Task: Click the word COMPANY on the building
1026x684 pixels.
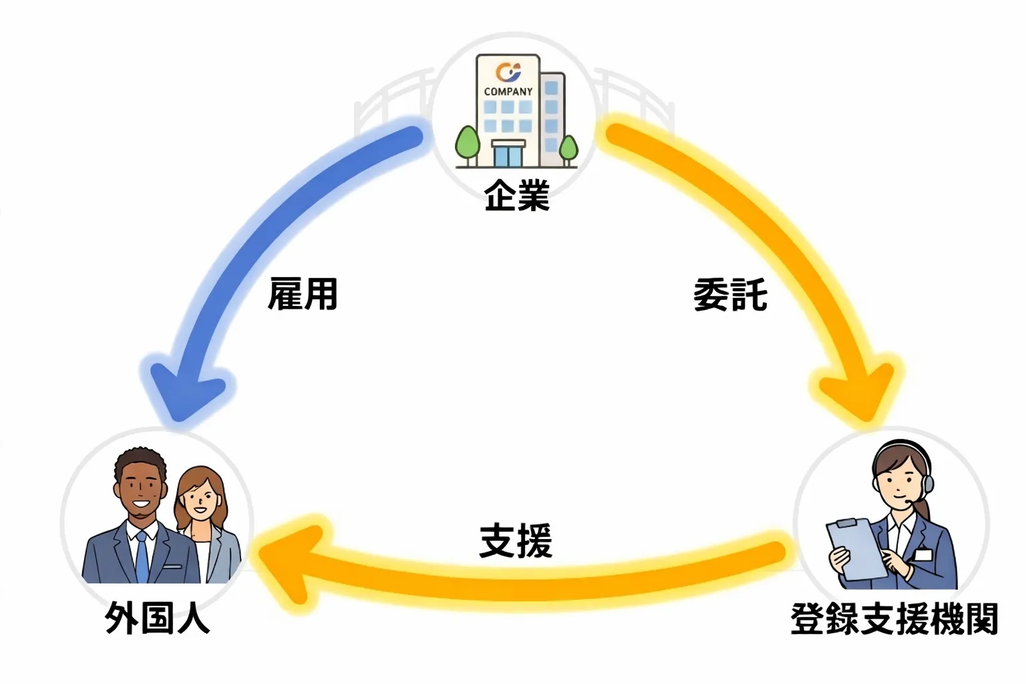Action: pos(508,92)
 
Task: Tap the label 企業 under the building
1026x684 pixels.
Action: pos(517,196)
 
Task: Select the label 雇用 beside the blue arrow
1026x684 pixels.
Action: pos(303,295)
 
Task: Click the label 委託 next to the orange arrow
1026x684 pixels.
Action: pos(730,295)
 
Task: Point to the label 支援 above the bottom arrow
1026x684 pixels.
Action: pos(516,541)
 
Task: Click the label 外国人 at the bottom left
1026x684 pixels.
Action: pos(158,618)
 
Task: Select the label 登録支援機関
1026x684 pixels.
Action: pos(894,619)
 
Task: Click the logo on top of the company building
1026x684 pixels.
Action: pos(508,71)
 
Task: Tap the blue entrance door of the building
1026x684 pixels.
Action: pos(508,155)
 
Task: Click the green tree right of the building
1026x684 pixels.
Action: pos(568,148)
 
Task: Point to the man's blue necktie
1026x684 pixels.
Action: pos(142,557)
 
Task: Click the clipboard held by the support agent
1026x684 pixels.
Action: pos(855,548)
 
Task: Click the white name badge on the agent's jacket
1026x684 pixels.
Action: pos(923,554)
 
